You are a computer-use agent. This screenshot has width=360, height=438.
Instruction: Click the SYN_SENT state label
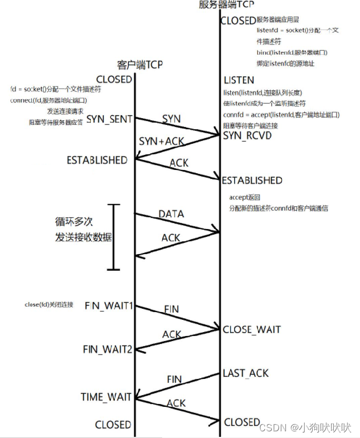(x=109, y=119)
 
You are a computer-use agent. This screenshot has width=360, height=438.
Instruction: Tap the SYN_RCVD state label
(x=247, y=135)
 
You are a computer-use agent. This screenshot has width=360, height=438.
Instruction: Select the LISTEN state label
(x=239, y=80)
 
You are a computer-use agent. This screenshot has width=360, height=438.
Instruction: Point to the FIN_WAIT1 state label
(x=109, y=306)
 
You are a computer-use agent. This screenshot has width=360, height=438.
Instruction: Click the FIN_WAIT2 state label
(x=108, y=349)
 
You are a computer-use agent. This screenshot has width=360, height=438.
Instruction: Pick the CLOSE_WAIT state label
(x=252, y=329)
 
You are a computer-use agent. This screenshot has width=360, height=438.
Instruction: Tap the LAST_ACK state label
(x=246, y=373)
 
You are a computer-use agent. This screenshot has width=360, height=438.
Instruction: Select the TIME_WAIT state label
(x=106, y=397)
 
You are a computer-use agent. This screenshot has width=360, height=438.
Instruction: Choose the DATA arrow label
(x=171, y=214)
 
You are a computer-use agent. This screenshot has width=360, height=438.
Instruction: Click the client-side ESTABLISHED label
(x=97, y=160)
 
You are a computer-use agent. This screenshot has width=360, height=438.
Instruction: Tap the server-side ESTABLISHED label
(x=252, y=181)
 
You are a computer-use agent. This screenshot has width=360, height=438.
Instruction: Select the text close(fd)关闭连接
(x=49, y=305)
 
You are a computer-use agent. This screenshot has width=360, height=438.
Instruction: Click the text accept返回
(x=245, y=198)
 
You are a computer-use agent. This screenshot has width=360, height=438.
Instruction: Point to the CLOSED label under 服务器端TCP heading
(x=238, y=21)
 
